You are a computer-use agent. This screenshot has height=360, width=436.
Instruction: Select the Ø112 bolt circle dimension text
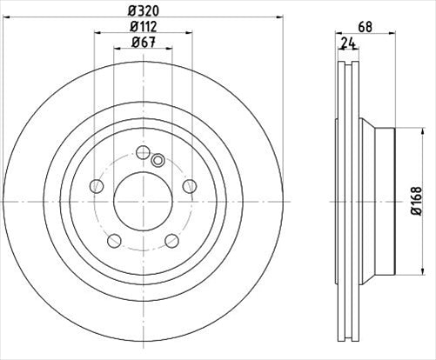pyautogui.click(x=143, y=26)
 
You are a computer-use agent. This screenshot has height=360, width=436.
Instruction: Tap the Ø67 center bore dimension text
pyautogui.click(x=143, y=43)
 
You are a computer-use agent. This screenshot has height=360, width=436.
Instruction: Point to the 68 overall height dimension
pyautogui.click(x=365, y=26)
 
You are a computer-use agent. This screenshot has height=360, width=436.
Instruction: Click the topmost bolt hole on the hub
pyautogui.click(x=143, y=153)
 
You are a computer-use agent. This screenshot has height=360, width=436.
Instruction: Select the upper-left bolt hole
pyautogui.click(x=97, y=185)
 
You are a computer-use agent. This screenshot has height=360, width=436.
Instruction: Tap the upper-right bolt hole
pyautogui.click(x=189, y=185)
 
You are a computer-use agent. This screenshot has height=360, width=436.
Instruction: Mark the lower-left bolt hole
pyautogui.click(x=114, y=241)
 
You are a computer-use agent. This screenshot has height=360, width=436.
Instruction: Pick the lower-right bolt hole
pyautogui.click(x=171, y=241)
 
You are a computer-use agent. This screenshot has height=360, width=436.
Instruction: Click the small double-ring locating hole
pyautogui.click(x=158, y=160)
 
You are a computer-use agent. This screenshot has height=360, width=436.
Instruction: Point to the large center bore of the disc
pyautogui.click(x=143, y=202)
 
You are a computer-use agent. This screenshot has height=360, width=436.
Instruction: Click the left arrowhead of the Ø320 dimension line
pyautogui.click(x=7, y=16)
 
